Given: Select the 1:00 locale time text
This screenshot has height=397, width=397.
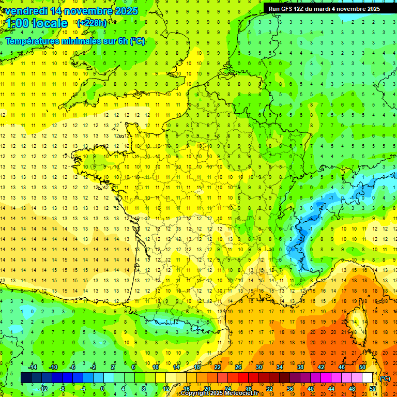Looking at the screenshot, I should (37, 23).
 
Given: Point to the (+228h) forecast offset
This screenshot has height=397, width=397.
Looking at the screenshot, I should (91, 23).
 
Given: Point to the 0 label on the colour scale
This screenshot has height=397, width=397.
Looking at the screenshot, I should (102, 389).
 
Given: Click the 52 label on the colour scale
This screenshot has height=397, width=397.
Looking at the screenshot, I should (373, 389).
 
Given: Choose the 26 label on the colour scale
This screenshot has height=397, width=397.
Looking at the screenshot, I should (238, 367).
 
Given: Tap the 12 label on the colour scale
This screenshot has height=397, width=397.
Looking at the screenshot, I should (166, 389).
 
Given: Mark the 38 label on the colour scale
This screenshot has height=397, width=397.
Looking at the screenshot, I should (300, 367).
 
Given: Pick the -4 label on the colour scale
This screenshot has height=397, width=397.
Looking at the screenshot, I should (82, 389).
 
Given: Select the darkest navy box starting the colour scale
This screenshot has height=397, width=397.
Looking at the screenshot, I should (26, 378).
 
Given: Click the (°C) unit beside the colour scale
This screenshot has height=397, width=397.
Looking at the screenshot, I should (385, 378).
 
